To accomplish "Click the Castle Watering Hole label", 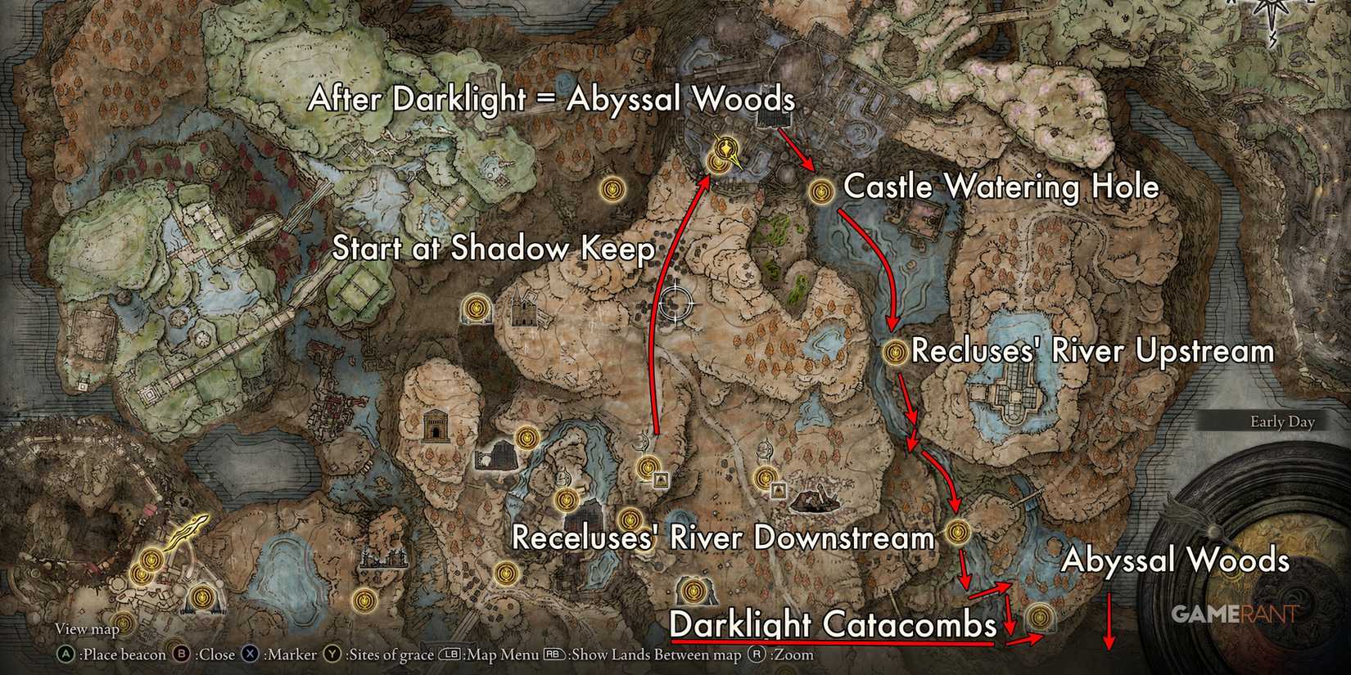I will click(1001, 187).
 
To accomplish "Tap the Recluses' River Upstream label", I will click(1092, 352).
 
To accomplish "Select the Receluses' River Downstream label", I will click(722, 538).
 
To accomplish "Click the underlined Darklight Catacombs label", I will click(833, 626).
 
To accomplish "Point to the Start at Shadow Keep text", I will click(493, 249).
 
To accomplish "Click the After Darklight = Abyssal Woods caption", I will click(551, 100).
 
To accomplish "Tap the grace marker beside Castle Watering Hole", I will click(820, 191).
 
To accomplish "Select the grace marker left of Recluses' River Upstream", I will click(896, 353).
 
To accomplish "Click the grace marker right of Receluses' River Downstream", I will click(957, 533).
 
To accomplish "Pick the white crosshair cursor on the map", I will click(676, 304).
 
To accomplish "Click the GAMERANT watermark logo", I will click(1233, 614).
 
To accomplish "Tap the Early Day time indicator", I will click(1281, 422).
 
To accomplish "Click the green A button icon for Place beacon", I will click(63, 655).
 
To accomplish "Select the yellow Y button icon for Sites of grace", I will click(332, 655).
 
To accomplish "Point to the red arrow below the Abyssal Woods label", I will click(1109, 622).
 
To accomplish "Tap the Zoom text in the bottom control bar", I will click(796, 655).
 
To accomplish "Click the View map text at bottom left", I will click(87, 629).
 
